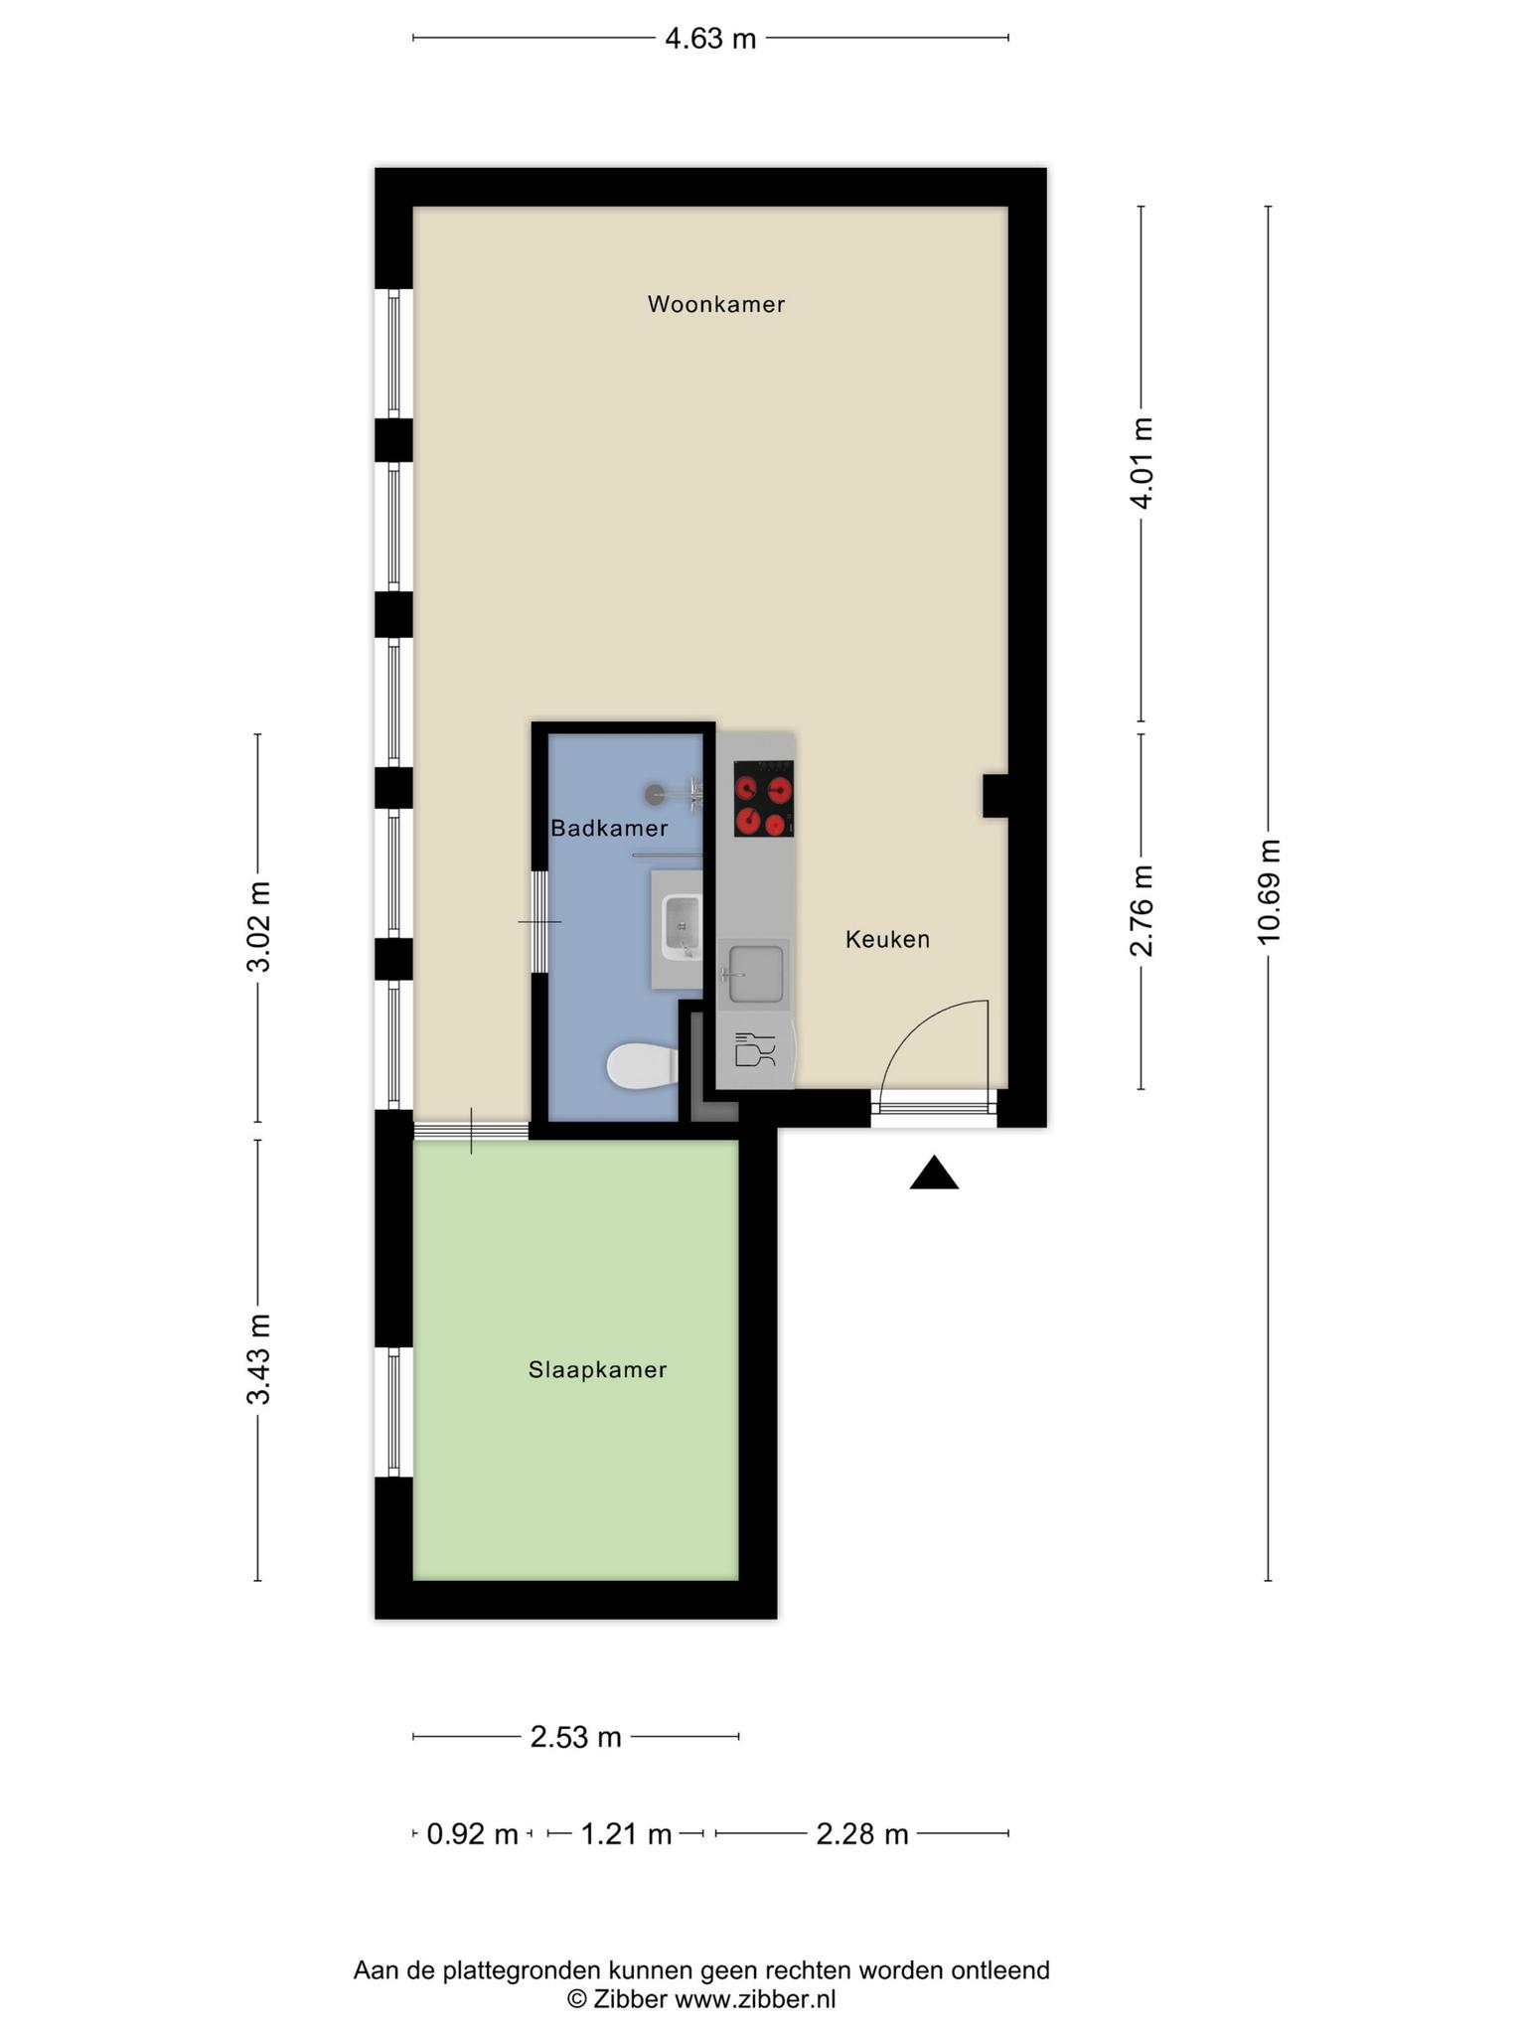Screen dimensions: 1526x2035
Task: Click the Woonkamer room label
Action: tap(716, 304)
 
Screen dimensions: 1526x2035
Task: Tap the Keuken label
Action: tap(887, 939)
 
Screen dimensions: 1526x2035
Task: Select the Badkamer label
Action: tap(609, 828)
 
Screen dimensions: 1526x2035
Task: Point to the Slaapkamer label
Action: tap(597, 1370)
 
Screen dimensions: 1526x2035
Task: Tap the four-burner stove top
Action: tap(763, 798)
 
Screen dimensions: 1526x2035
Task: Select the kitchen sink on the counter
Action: tap(755, 975)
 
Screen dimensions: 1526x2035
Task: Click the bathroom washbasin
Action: tap(682, 927)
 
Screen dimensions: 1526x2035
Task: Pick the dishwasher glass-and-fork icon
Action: tap(754, 1050)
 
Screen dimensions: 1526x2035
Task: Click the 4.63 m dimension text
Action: tap(710, 39)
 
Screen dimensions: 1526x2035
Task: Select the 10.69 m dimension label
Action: tap(1269, 891)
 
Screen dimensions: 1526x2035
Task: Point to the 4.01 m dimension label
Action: tap(1142, 463)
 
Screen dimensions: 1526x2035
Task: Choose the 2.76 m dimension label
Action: tap(1142, 910)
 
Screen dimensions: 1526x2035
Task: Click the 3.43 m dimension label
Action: tap(258, 1359)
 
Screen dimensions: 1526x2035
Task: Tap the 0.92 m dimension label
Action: tap(473, 1833)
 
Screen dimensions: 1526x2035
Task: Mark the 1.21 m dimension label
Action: tap(626, 1833)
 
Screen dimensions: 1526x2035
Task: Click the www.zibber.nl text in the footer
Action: tap(755, 1999)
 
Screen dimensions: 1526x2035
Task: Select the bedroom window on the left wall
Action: tap(393, 1412)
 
